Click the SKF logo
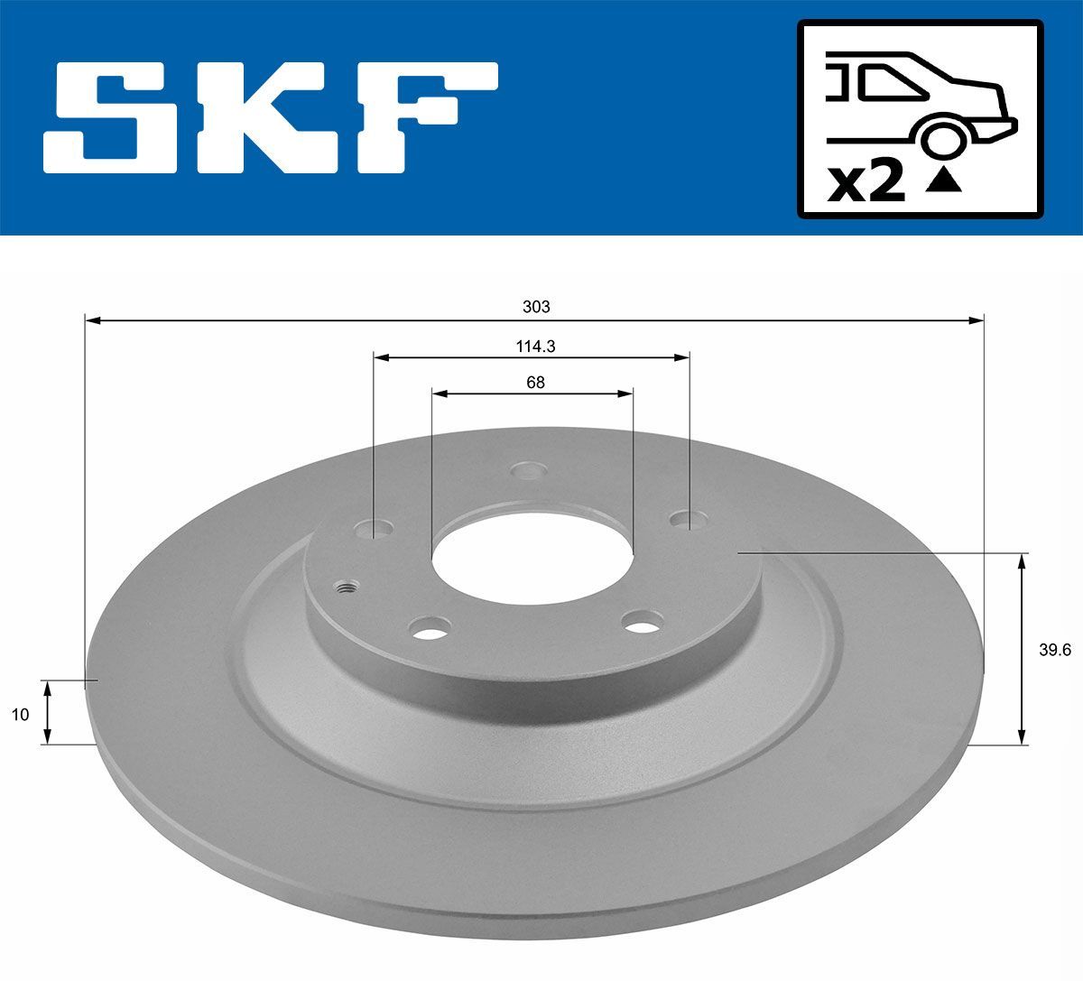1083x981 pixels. (x=271, y=117)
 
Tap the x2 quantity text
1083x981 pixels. (x=865, y=182)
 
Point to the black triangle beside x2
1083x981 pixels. (x=944, y=182)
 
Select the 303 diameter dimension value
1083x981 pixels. (x=536, y=307)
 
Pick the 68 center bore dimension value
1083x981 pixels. (x=535, y=382)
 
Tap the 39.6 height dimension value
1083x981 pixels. (x=1053, y=650)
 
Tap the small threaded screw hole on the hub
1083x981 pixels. (x=346, y=588)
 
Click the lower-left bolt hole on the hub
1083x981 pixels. (x=429, y=626)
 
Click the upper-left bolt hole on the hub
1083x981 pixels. (x=375, y=528)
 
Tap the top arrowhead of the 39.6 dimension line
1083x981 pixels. (x=1022, y=560)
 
